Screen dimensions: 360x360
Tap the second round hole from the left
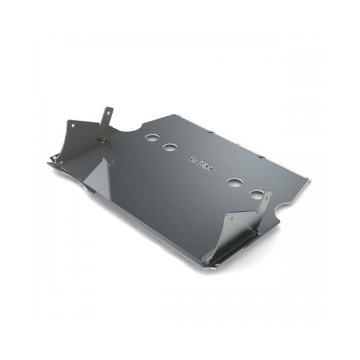coord(170,147)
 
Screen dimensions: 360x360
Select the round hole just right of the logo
coord(235,182)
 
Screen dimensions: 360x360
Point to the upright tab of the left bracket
coord(107,119)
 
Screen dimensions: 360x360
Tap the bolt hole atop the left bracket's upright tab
coord(107,110)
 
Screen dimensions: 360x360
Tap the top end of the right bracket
coord(268,193)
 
